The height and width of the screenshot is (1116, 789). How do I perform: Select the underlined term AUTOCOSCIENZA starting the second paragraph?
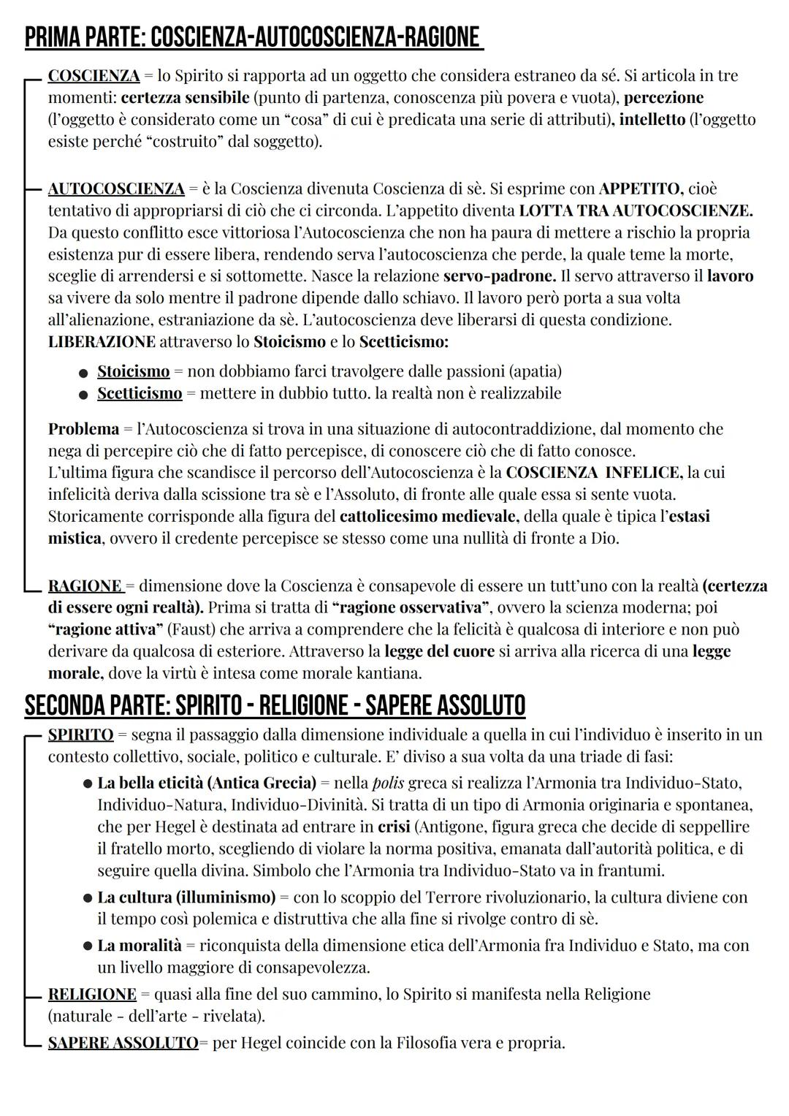point(116,189)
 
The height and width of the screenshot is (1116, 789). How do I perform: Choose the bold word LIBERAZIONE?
point(102,342)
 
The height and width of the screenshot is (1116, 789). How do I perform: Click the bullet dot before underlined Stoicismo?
point(84,373)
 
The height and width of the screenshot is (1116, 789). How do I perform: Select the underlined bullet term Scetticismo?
point(140,393)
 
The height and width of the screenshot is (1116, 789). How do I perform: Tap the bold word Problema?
point(83,429)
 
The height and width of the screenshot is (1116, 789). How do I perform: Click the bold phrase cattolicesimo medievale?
point(429,517)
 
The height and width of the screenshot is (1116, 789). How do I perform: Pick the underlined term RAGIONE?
point(85,586)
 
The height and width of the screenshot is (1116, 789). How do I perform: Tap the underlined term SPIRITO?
point(80,734)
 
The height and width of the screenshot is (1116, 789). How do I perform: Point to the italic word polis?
point(388,783)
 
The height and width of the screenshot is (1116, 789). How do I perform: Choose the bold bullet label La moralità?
point(139,946)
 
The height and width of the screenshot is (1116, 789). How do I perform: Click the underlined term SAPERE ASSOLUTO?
point(123,1043)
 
